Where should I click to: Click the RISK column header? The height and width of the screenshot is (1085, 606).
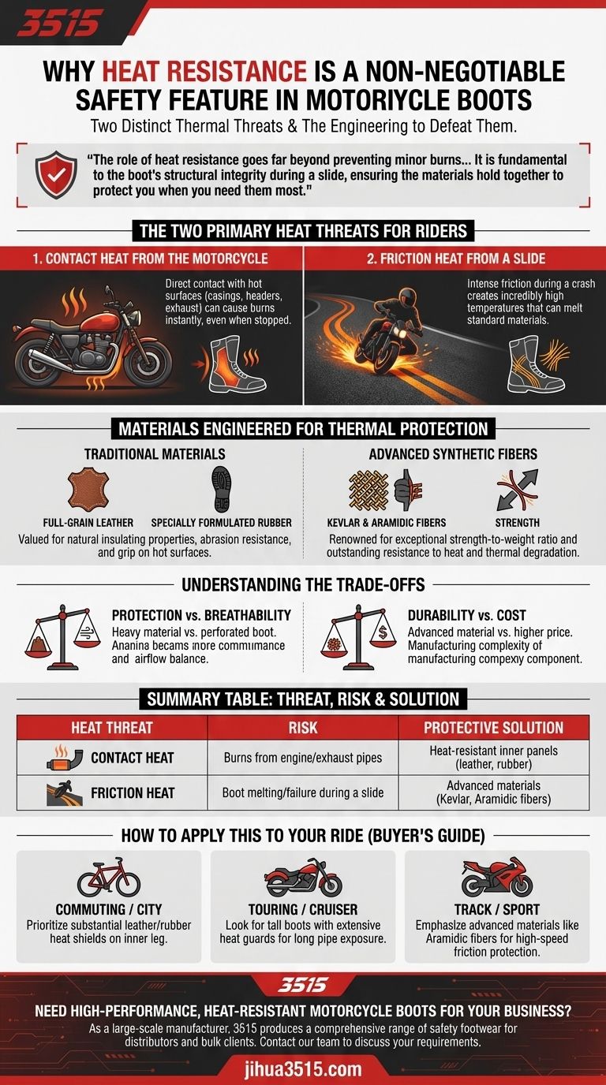pos(302,727)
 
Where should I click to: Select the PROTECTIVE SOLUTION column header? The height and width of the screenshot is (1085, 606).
pos(493,727)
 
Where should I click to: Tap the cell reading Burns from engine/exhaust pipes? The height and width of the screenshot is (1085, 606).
pos(302,758)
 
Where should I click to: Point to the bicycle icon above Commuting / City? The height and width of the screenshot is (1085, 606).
pos(108,878)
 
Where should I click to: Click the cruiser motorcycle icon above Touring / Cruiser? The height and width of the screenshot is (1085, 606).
pos(302,877)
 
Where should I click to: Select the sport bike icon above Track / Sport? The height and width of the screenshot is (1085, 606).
pos(496,877)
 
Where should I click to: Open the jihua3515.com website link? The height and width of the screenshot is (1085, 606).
pos(302,1068)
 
